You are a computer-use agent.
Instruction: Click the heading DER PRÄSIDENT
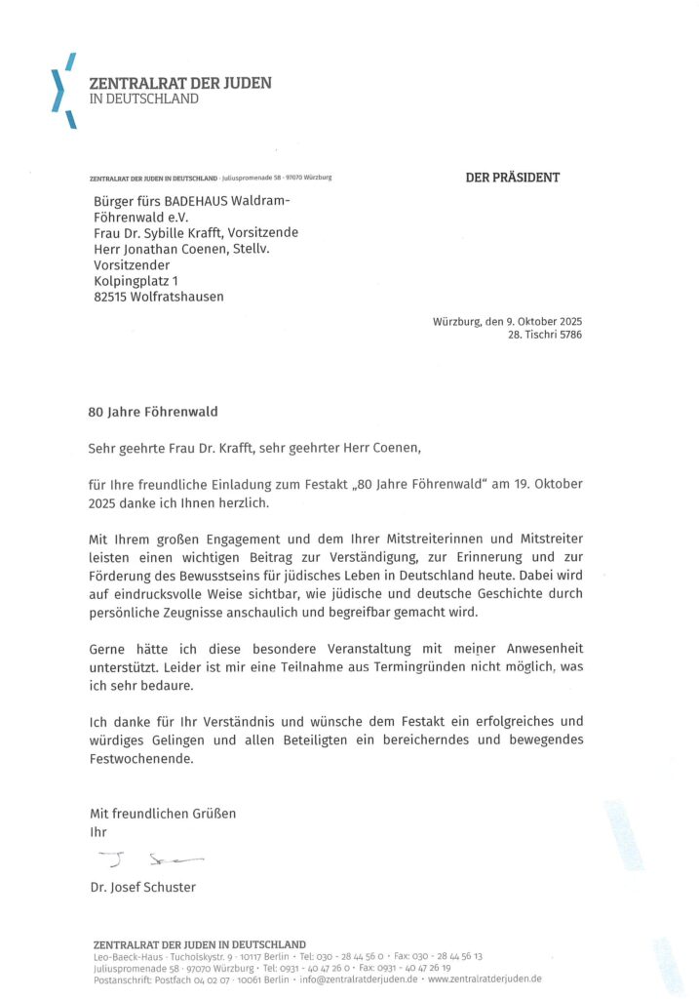(x=512, y=178)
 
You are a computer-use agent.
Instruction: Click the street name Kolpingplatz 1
(x=136, y=281)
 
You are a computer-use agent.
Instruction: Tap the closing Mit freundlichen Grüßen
(x=163, y=813)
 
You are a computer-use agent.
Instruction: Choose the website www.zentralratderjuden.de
(x=485, y=979)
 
